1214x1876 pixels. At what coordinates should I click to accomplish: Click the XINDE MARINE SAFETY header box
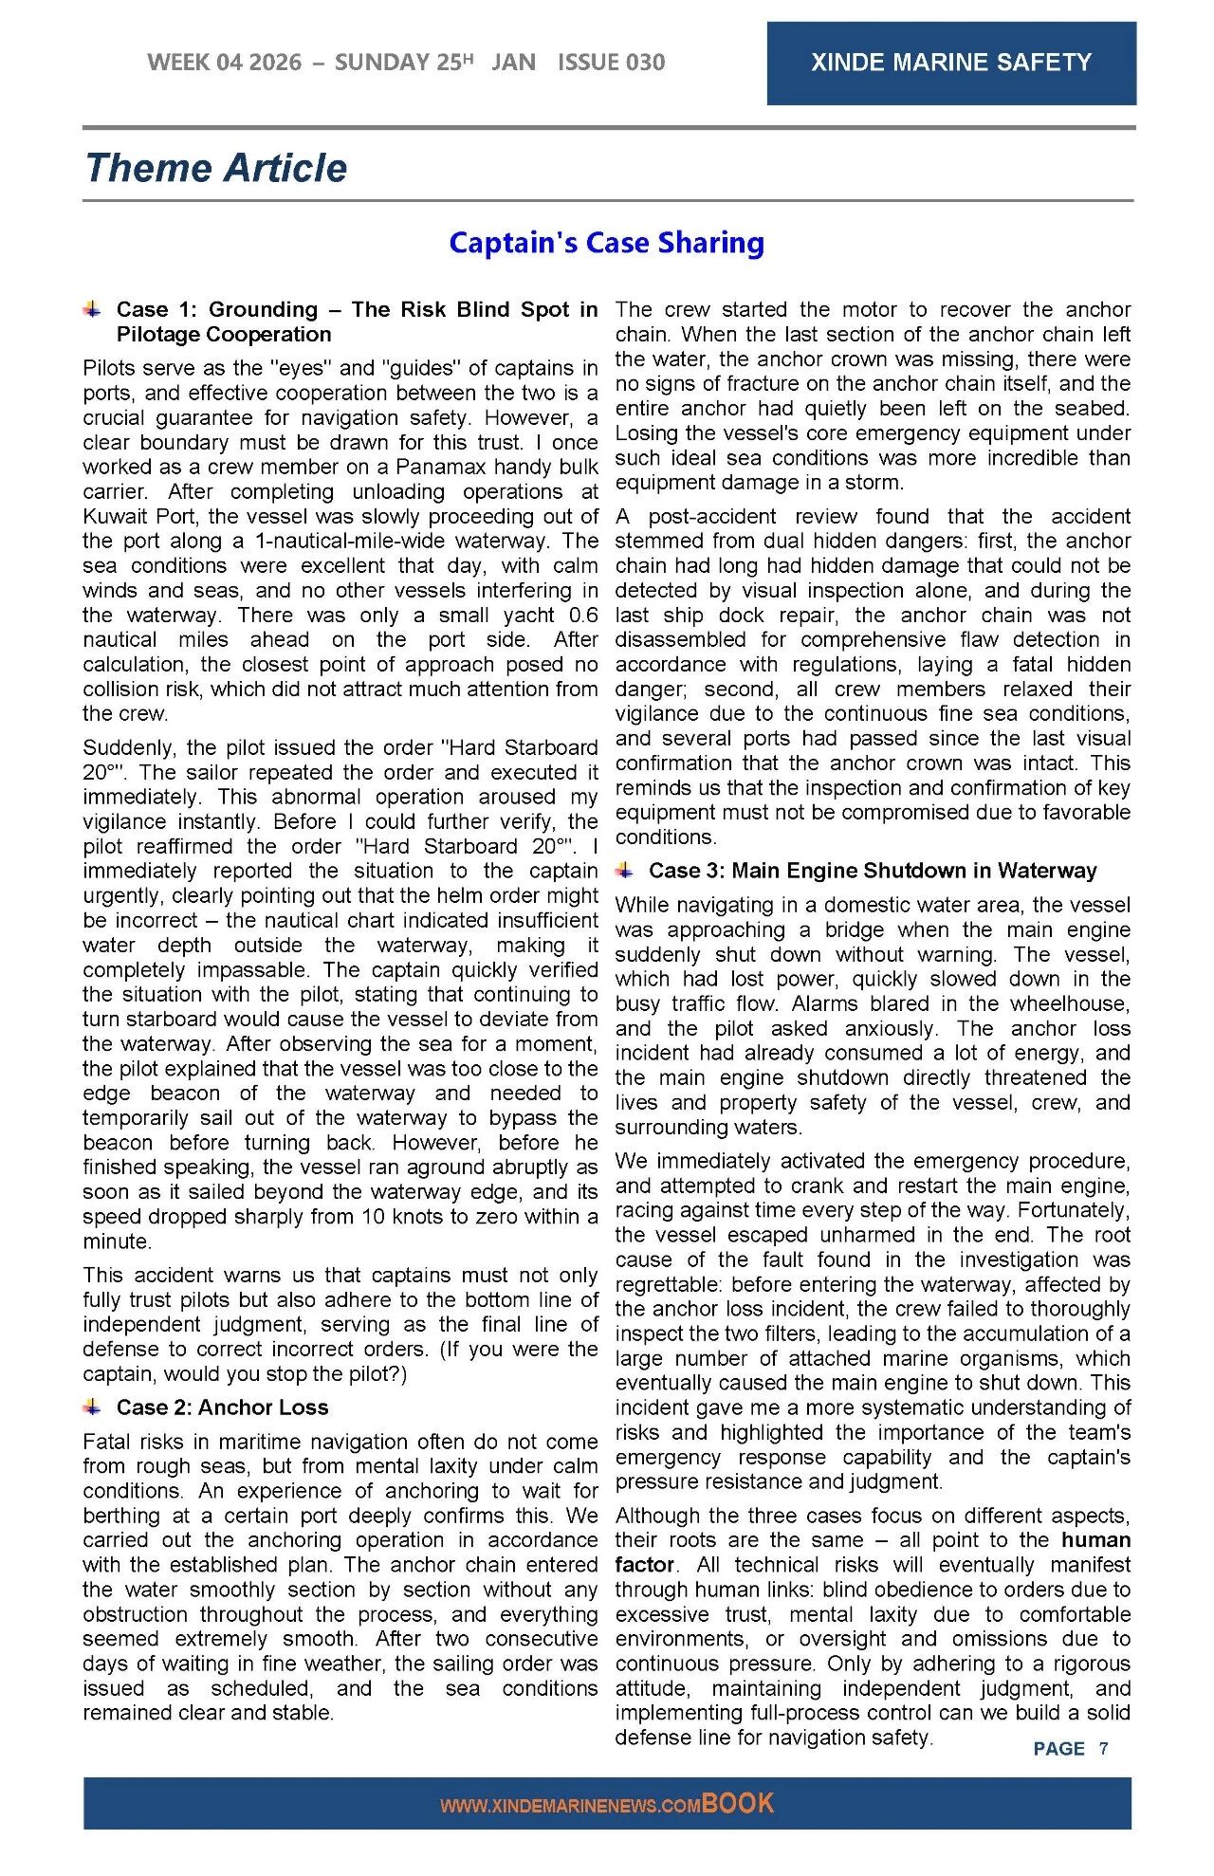(950, 63)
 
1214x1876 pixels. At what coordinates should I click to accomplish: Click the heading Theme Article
(216, 168)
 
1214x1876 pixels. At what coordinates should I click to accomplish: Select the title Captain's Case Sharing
(606, 243)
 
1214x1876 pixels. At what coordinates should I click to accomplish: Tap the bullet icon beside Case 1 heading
(92, 309)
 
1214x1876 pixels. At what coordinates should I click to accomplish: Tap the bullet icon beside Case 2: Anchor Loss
(92, 1407)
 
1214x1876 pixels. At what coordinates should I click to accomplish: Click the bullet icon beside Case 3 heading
(624, 870)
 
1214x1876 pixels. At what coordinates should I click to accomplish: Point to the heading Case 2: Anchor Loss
(222, 1407)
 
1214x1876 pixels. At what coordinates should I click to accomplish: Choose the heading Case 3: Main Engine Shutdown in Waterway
(872, 871)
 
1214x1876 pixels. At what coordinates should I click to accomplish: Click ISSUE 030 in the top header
(611, 63)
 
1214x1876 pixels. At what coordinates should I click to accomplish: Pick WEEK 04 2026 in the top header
(225, 63)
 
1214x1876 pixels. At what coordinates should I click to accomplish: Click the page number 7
(1103, 1748)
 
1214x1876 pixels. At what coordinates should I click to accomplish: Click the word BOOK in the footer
(738, 1803)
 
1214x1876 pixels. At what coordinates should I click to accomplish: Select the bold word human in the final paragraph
(1095, 1539)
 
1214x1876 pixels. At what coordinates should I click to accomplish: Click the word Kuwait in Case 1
(113, 517)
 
